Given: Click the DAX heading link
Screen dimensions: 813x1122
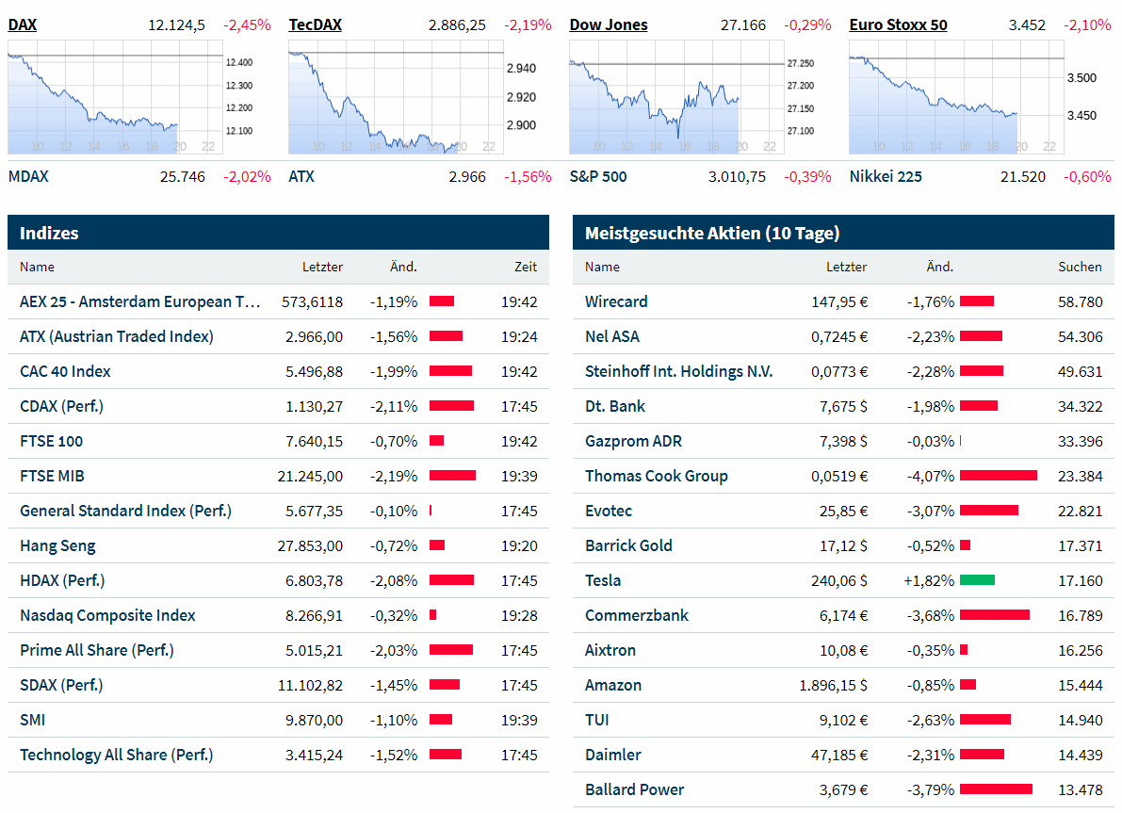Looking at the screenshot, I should point(22,24).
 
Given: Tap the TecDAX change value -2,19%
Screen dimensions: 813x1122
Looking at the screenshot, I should point(528,24).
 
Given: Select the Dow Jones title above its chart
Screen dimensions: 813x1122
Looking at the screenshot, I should point(609,24).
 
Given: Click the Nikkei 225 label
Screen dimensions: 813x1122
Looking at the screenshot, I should point(886,176).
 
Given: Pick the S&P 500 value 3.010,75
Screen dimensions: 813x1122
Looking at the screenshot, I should point(737,176).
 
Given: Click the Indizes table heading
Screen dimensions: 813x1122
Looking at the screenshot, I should point(49,233).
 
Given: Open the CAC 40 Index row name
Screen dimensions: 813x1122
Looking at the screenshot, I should point(65,371).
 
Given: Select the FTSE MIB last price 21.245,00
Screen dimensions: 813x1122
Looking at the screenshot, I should point(310,476).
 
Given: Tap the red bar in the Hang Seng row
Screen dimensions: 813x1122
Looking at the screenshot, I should point(437,545).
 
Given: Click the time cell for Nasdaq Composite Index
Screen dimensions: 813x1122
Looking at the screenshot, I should point(519,615).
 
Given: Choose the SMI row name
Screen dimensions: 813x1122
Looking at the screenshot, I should point(32,720).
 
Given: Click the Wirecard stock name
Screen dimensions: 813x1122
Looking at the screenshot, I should point(616,301).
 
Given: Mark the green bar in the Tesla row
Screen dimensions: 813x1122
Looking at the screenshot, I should point(977,580).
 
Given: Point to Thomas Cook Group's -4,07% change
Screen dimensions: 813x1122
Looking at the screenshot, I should point(931,476).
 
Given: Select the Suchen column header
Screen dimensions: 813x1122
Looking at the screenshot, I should point(1080,267).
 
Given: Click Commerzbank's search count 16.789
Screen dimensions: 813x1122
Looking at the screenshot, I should point(1080,615).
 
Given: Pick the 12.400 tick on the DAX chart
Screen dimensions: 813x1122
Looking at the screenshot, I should point(238,62).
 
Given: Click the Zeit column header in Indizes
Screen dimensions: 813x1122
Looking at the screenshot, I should point(526,267).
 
